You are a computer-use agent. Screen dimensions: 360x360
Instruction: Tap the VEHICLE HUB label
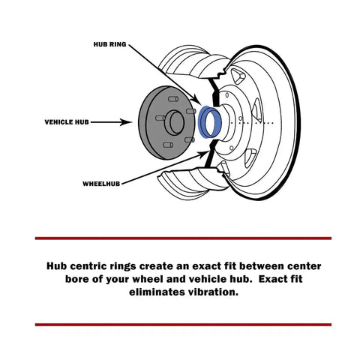pyautogui.click(x=69, y=121)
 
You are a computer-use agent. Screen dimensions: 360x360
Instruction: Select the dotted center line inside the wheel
pyautogui.click(x=254, y=122)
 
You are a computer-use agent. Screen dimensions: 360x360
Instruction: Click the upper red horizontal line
pyautogui.click(x=182, y=238)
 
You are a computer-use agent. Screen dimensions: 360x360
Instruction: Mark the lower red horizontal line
pyautogui.click(x=182, y=324)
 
